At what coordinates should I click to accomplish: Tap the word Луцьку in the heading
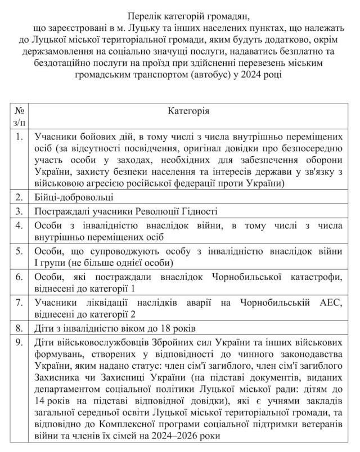point(148,28)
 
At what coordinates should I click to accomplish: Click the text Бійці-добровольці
point(74,197)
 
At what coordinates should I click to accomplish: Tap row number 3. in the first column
point(19,211)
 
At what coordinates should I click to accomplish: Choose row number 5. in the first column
point(19,251)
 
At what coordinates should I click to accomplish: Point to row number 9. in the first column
point(19,342)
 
